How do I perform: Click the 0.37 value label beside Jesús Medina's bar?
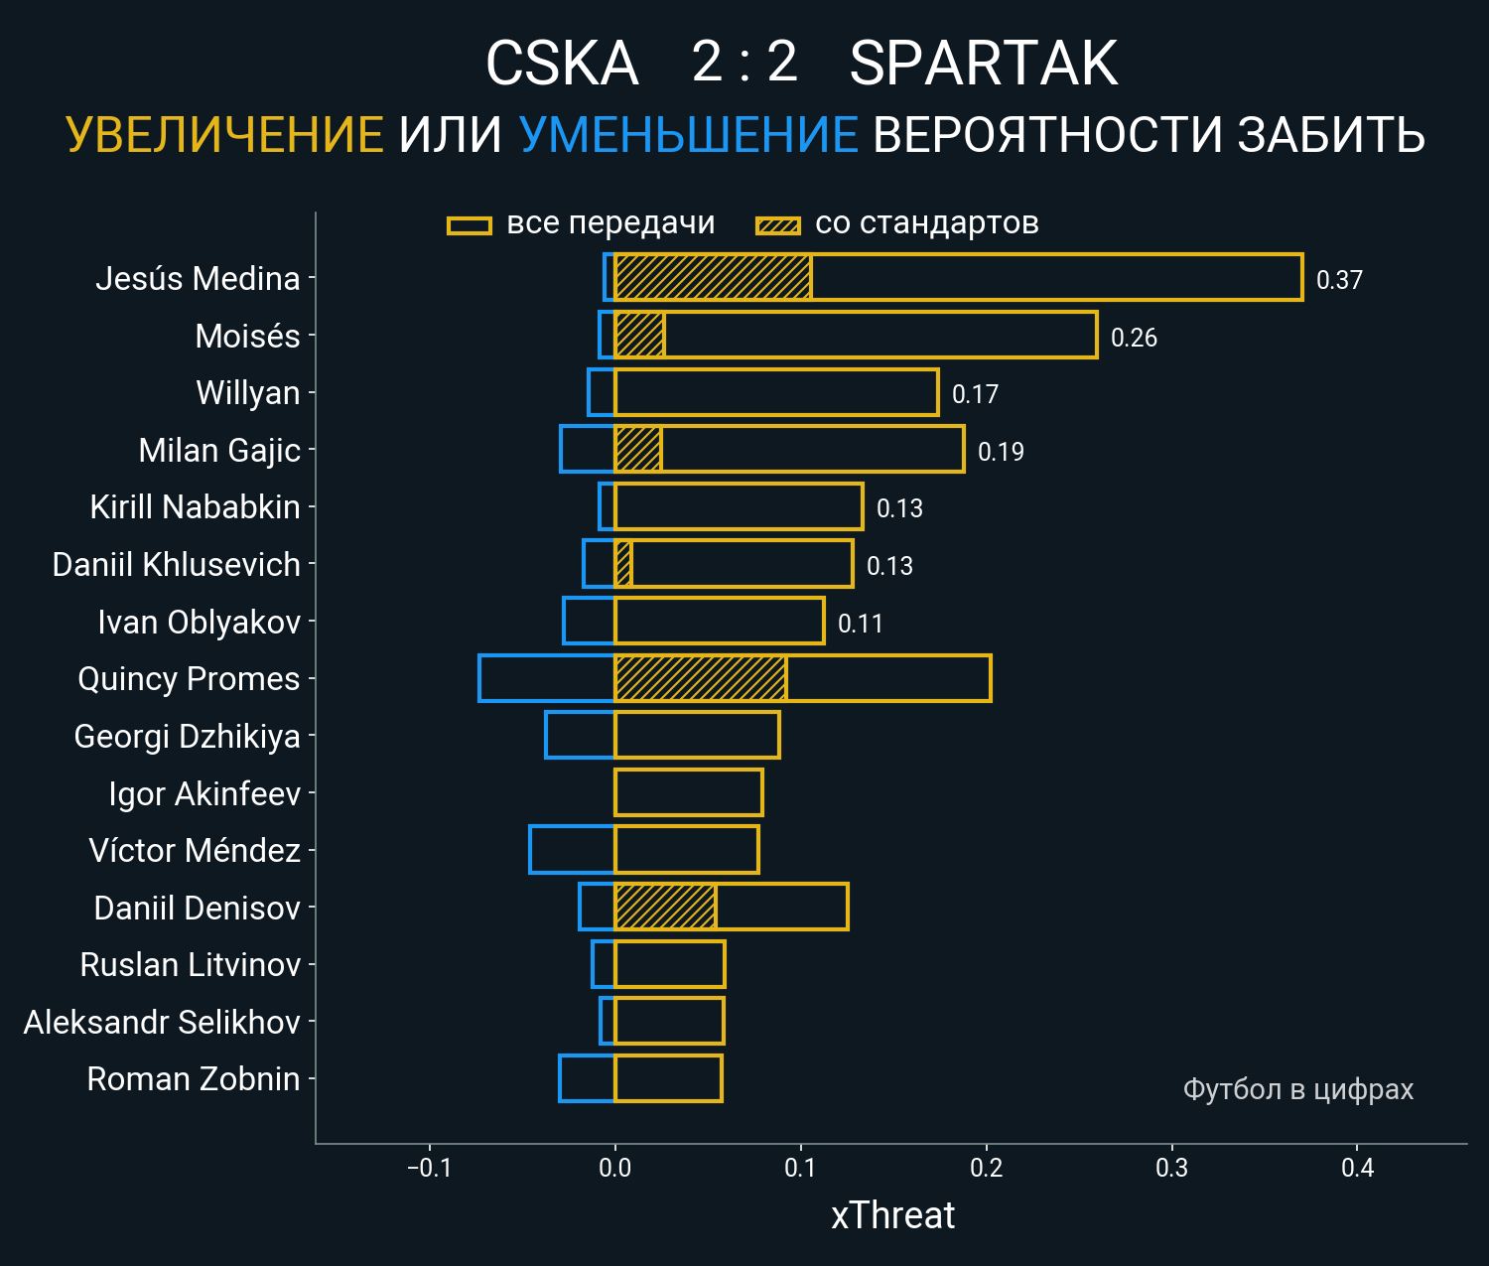(1339, 280)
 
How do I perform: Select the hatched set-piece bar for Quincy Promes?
(700, 678)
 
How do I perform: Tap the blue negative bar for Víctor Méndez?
(572, 850)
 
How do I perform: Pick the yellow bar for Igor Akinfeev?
(689, 792)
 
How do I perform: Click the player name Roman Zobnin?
(194, 1079)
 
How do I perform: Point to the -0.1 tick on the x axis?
(429, 1168)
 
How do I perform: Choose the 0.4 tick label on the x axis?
(1357, 1168)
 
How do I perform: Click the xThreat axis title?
(892, 1215)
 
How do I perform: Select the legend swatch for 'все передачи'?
(470, 225)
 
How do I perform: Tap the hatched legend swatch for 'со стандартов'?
(777, 225)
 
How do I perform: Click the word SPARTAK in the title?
(983, 65)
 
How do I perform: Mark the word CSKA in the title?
(561, 65)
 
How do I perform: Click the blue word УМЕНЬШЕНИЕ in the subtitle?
(688, 135)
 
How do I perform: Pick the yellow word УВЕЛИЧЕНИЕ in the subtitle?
(224, 135)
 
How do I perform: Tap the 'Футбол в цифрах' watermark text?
(1297, 1089)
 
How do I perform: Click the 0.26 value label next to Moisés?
(1134, 338)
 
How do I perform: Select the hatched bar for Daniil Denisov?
(665, 907)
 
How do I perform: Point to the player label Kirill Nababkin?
(195, 507)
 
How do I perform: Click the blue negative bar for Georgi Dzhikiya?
(580, 736)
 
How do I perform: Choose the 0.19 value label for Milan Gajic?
(1001, 452)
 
